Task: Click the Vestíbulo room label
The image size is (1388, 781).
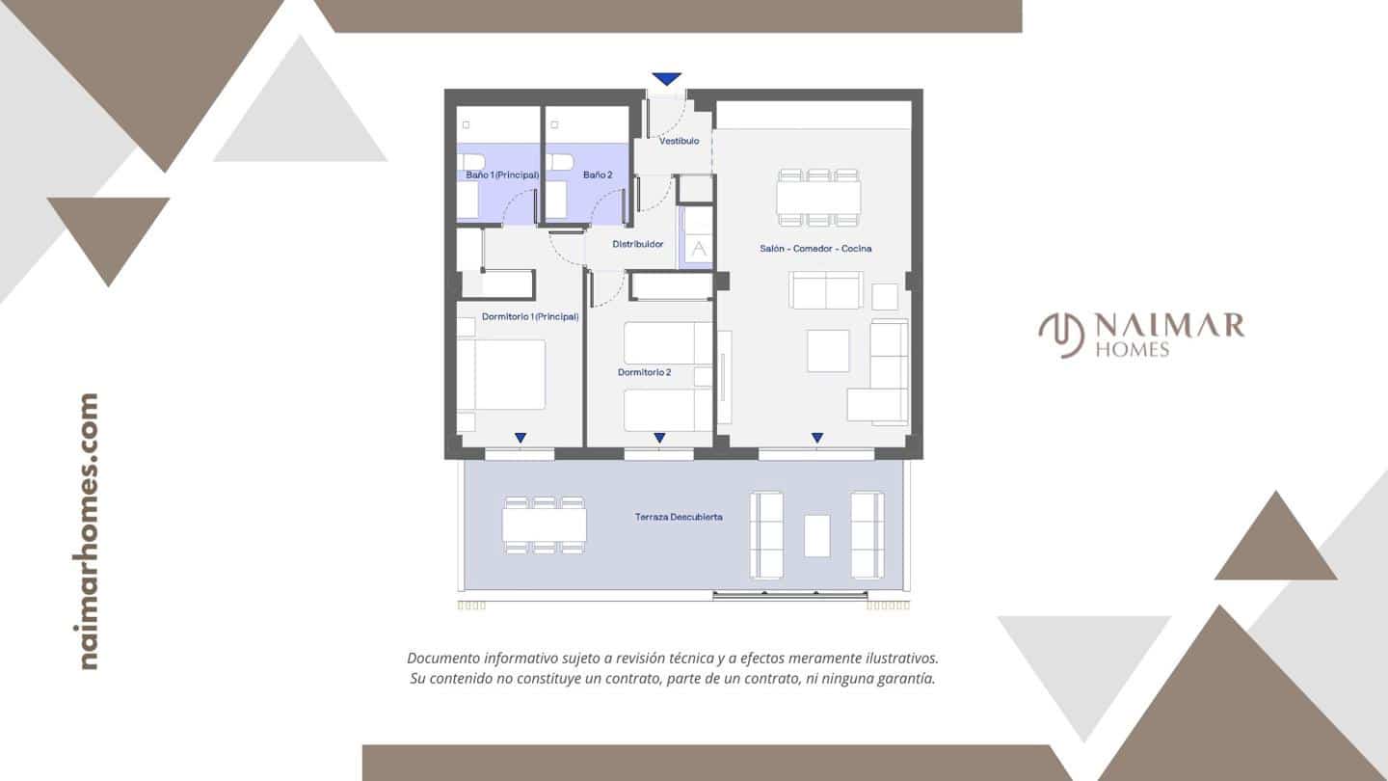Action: pyautogui.click(x=679, y=141)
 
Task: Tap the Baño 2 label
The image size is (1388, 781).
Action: pyautogui.click(x=598, y=175)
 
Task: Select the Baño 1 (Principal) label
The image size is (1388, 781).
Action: pyautogui.click(x=496, y=175)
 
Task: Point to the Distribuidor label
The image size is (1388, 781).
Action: pyautogui.click(x=638, y=244)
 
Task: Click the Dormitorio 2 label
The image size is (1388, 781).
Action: pyautogui.click(x=644, y=372)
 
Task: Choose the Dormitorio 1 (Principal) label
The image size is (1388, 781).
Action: pyautogui.click(x=530, y=316)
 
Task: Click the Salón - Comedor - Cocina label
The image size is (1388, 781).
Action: pyautogui.click(x=815, y=249)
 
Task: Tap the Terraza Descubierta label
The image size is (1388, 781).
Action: pyautogui.click(x=679, y=517)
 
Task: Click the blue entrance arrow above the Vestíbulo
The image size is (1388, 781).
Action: pyautogui.click(x=666, y=79)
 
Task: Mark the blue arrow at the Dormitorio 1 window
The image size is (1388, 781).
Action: pyautogui.click(x=520, y=438)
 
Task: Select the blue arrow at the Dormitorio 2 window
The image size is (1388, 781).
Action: pyautogui.click(x=659, y=438)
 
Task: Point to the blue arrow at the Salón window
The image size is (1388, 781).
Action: pyautogui.click(x=817, y=438)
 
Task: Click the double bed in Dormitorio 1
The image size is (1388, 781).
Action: pyautogui.click(x=503, y=374)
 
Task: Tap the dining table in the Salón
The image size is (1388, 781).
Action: pyautogui.click(x=819, y=198)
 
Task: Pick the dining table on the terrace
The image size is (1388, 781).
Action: pyautogui.click(x=545, y=525)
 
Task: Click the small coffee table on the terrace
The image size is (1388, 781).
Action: pyautogui.click(x=817, y=535)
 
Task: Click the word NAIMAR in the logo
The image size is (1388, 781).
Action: pyautogui.click(x=1169, y=326)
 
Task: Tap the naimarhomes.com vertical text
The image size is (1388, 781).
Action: pyautogui.click(x=89, y=530)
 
